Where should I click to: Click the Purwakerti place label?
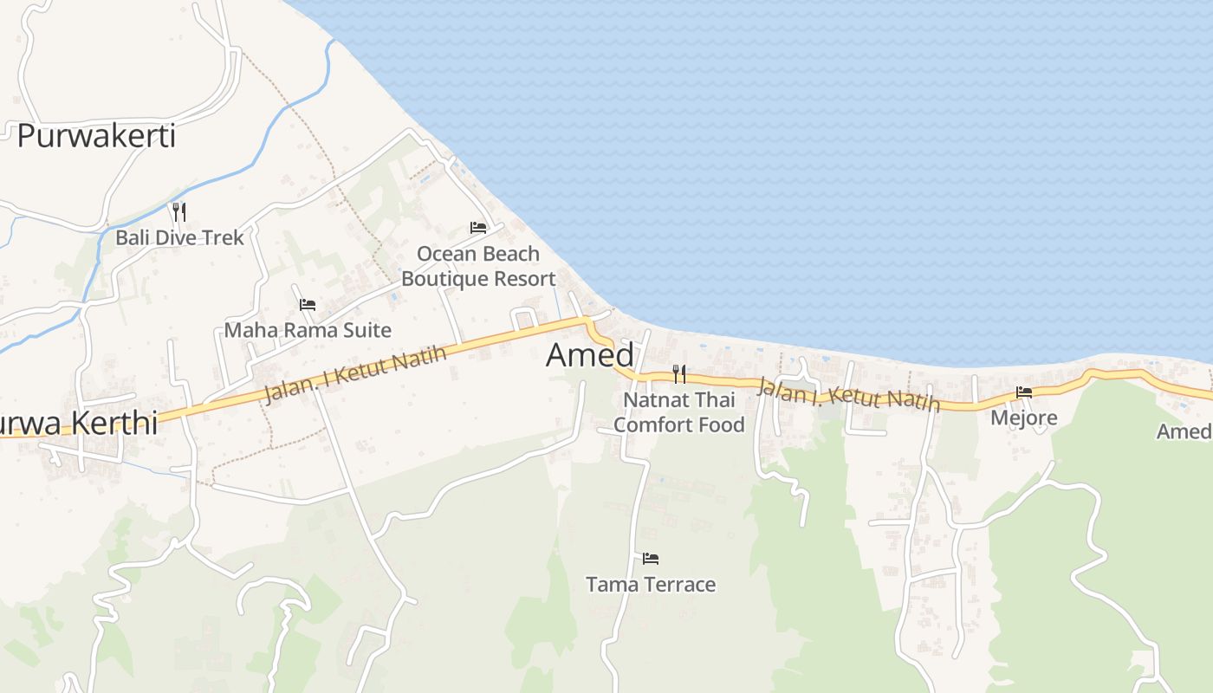click(96, 136)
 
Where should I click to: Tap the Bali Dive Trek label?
click(179, 237)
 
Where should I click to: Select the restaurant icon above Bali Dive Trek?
click(179, 211)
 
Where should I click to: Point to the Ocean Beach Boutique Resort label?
click(478, 266)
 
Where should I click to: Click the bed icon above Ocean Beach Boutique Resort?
click(478, 228)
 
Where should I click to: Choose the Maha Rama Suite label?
click(308, 330)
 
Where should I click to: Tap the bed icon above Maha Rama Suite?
click(308, 305)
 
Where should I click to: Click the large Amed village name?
click(590, 355)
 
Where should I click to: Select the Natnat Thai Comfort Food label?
click(678, 412)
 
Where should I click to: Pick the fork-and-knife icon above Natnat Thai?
click(679, 374)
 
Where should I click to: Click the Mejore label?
click(1024, 418)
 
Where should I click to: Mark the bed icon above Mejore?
click(1024, 392)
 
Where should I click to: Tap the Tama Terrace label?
click(651, 585)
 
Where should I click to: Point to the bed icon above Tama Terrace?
click(651, 559)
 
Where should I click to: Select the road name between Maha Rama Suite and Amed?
click(355, 375)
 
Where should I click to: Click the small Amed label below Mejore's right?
click(1185, 431)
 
